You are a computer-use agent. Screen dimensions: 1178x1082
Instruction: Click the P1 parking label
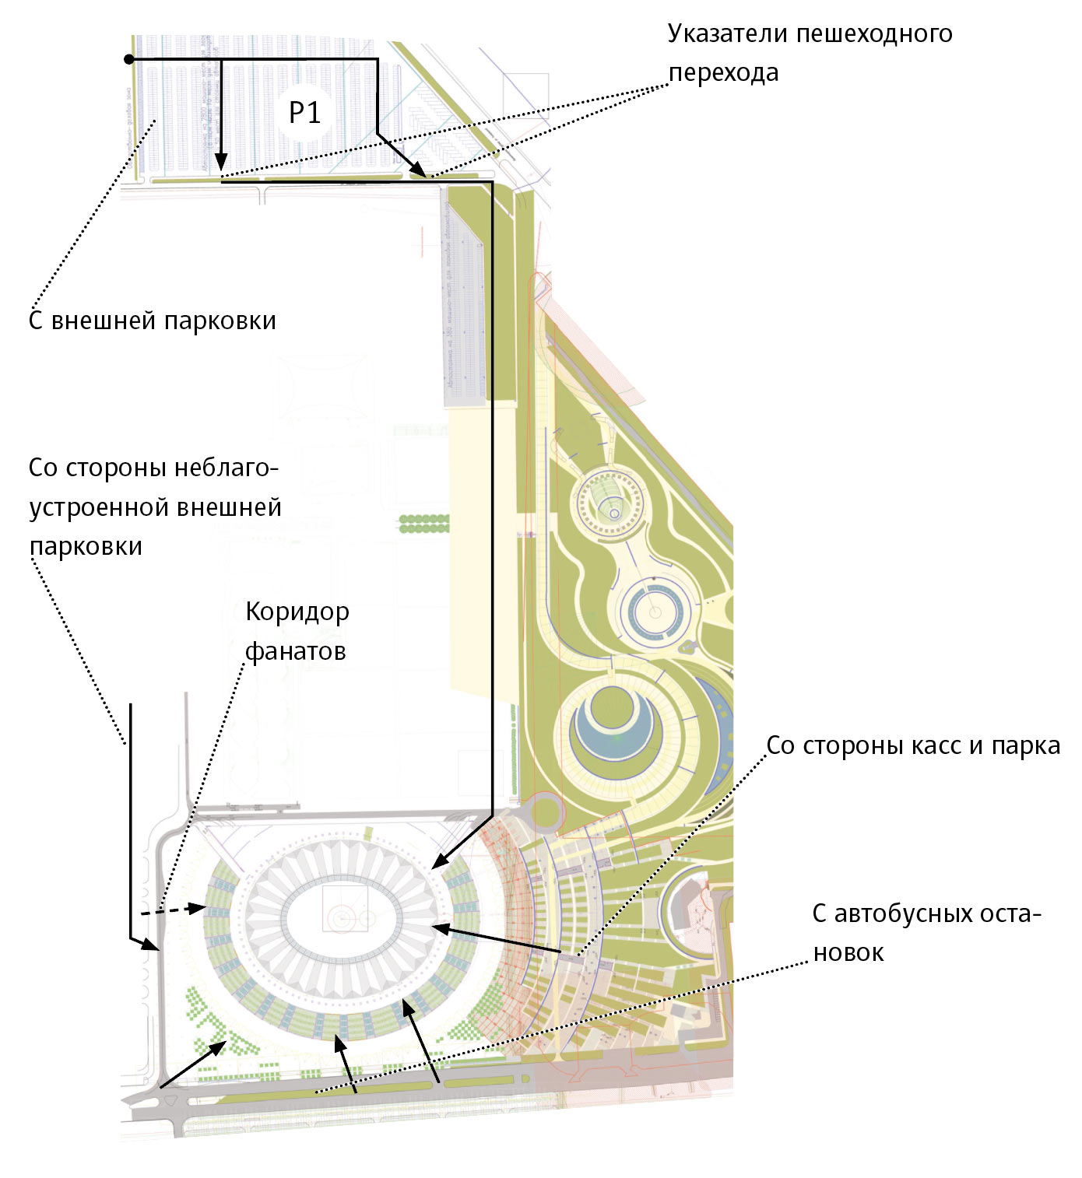304,114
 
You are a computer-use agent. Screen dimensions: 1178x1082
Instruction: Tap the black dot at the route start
129,59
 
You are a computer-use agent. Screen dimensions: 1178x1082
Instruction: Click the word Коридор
297,612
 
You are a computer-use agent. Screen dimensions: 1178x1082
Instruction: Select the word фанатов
296,651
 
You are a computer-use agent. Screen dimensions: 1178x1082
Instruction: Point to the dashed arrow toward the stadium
174,910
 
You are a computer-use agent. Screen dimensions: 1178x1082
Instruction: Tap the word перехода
724,73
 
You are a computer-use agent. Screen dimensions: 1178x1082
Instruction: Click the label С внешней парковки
153,321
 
